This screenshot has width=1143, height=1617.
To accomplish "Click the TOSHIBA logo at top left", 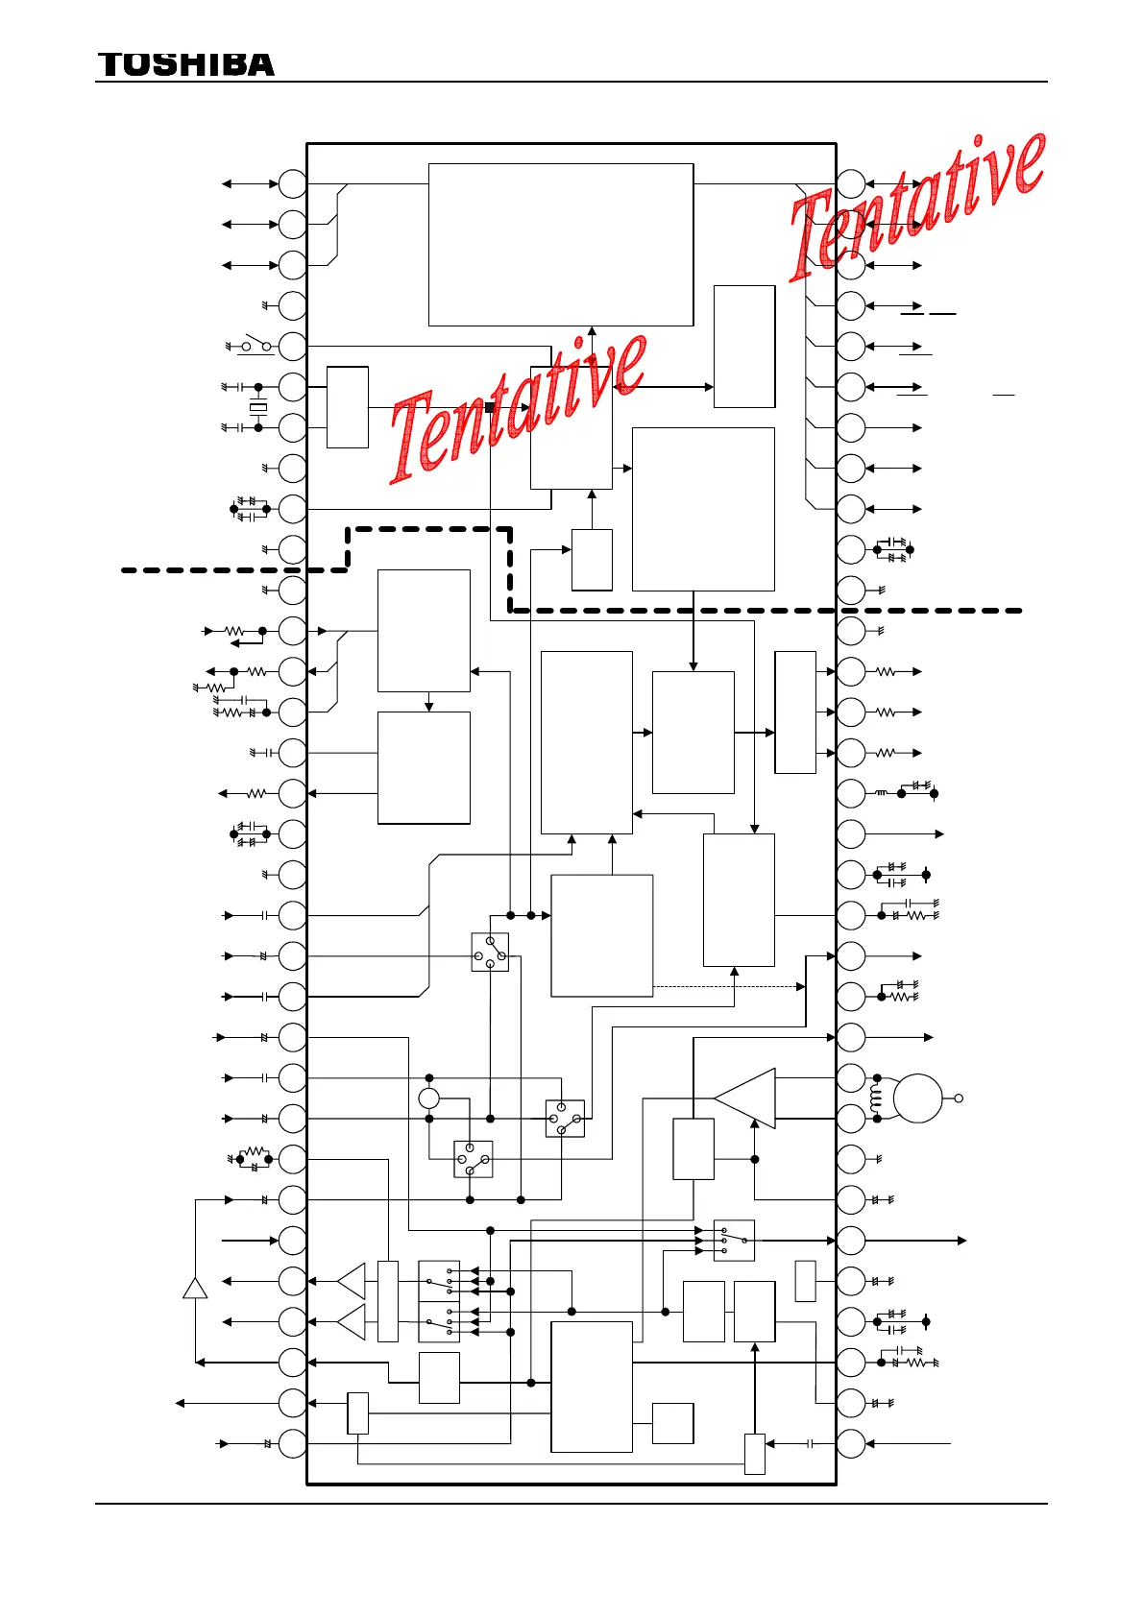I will coord(185,64).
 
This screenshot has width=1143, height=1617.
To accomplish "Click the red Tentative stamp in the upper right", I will coord(917,205).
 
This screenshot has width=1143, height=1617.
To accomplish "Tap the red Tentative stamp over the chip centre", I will coord(519,408).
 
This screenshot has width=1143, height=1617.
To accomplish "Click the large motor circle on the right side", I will coord(918,1098).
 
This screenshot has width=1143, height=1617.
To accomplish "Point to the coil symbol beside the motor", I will coord(875,1098).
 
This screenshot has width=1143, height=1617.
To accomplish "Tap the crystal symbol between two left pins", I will coord(257,408).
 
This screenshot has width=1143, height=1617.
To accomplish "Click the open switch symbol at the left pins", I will coord(255,345).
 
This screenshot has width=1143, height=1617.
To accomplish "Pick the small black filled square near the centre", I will coord(490,407).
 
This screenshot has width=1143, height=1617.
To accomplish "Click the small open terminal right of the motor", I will coord(958,1098).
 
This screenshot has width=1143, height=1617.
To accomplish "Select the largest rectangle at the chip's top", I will coord(561,245).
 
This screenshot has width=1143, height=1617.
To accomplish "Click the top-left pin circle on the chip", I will coord(293,183).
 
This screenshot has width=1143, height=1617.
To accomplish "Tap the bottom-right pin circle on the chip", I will coord(851,1443).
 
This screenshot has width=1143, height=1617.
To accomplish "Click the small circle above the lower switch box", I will coord(429,1098).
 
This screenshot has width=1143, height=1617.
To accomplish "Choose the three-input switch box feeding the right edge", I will coord(734,1241).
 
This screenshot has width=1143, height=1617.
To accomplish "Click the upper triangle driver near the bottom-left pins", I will coord(352,1281).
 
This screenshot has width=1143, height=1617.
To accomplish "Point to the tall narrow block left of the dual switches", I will coord(388,1301).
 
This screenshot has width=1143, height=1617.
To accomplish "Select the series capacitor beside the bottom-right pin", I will coord(811,1443).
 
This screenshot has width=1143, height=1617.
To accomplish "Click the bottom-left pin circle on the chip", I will coord(293,1443).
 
